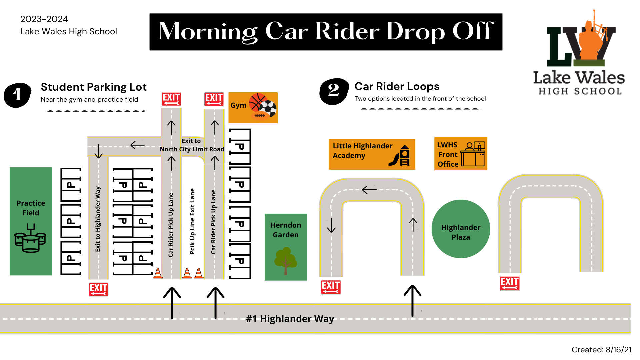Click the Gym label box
(x=253, y=108)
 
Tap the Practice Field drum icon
(x=30, y=238)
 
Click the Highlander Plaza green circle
(x=461, y=229)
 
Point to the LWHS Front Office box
(x=461, y=154)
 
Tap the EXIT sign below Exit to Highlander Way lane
(x=99, y=289)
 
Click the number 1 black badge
(x=18, y=95)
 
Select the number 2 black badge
(x=334, y=92)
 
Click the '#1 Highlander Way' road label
(x=290, y=319)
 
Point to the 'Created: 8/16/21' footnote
(x=601, y=350)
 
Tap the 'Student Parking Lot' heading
(x=94, y=87)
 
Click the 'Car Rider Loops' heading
(x=397, y=86)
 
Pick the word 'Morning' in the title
(x=208, y=32)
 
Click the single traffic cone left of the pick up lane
(x=158, y=273)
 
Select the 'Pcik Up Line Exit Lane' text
(x=192, y=221)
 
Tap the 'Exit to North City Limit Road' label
(x=192, y=145)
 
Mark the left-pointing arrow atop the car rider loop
(x=369, y=190)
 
